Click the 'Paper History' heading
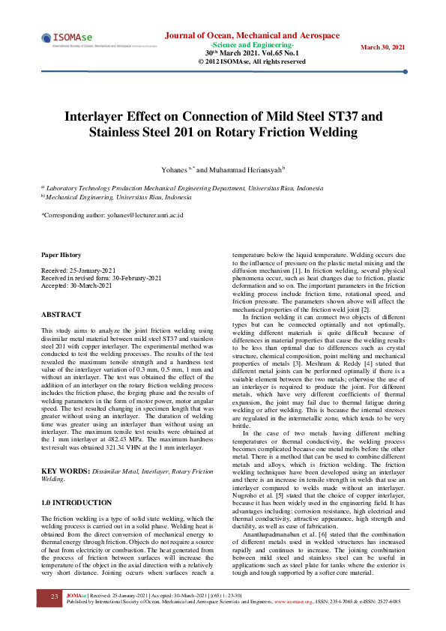[x=61, y=256]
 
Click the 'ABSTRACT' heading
[x=61, y=315]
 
